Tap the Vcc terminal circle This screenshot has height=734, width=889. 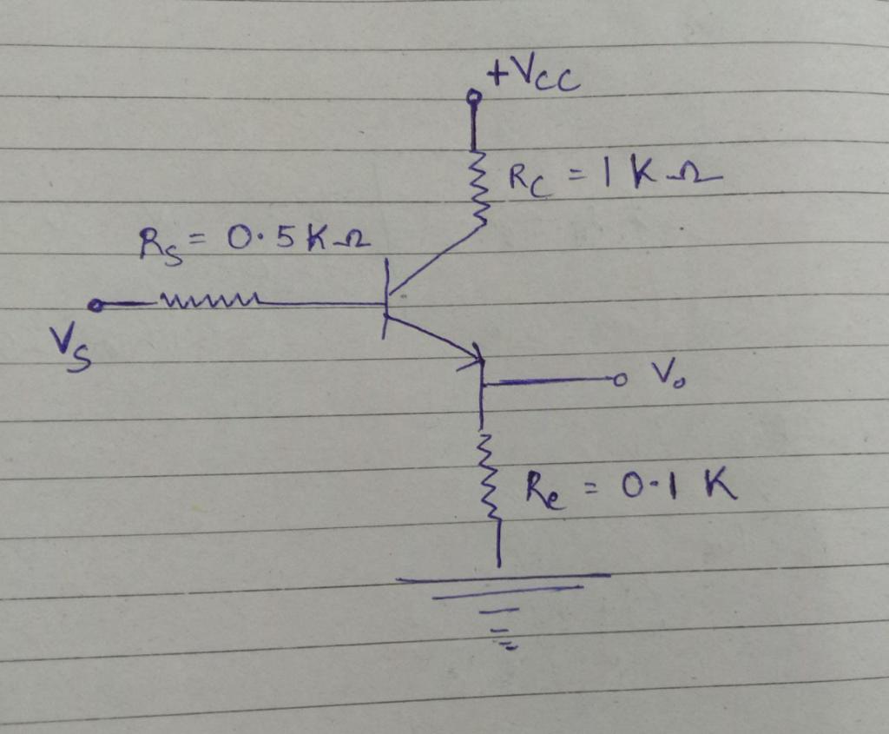click(x=473, y=97)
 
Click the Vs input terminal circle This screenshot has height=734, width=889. click(x=95, y=306)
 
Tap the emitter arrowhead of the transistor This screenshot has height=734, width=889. click(x=476, y=354)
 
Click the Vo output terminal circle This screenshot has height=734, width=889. click(x=618, y=380)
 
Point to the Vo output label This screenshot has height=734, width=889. click(x=663, y=374)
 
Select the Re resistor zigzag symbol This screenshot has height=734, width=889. click(x=489, y=478)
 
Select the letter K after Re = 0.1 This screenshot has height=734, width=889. click(x=719, y=486)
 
